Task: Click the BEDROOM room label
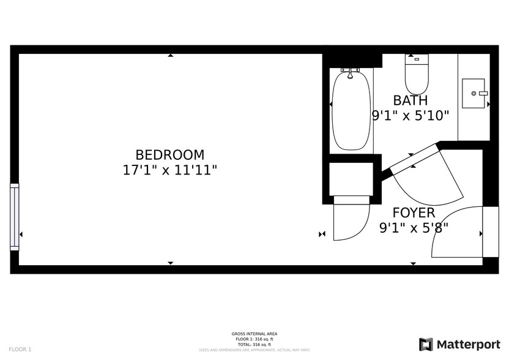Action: tap(169, 156)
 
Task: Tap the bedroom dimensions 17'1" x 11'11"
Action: tap(169, 170)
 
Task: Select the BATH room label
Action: tap(411, 100)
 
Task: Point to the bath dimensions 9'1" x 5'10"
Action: tap(411, 114)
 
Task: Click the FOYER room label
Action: tap(414, 213)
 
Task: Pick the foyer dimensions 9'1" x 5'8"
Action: tap(414, 228)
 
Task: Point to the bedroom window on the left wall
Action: tap(15, 217)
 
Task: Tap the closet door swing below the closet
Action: tap(351, 219)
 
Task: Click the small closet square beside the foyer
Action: tap(351, 179)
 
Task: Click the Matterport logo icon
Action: tap(426, 344)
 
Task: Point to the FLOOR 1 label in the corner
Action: tap(20, 349)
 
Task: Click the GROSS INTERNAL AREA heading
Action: tap(254, 334)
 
